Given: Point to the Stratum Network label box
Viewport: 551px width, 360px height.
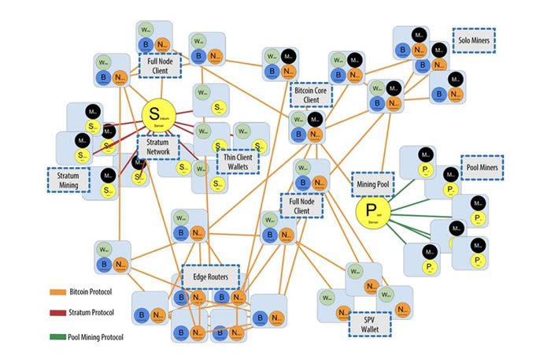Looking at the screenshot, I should [x=158, y=147].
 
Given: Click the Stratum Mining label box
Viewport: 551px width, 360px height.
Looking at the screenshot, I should [x=68, y=179].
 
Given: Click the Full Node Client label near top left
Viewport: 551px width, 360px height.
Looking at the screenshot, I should [x=161, y=65].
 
